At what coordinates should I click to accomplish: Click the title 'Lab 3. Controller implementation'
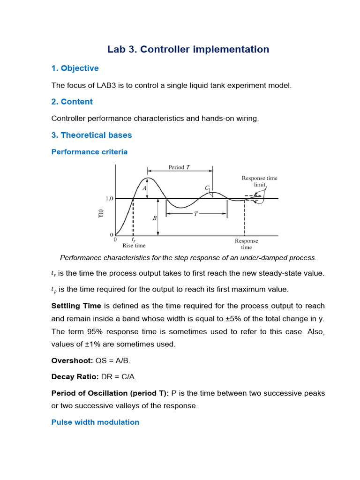[x=188, y=49]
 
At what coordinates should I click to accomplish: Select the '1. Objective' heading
[x=75, y=68]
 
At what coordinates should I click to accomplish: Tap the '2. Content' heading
[x=72, y=102]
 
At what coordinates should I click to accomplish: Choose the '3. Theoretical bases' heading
[x=91, y=135]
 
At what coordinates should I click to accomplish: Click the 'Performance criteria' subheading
[x=89, y=152]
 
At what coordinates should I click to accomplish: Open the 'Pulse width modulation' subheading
[x=95, y=422]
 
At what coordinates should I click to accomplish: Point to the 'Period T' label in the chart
[x=179, y=167]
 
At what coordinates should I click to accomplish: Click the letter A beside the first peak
[x=144, y=188]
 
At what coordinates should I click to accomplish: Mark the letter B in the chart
[x=154, y=218]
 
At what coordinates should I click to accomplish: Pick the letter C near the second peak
[x=207, y=187]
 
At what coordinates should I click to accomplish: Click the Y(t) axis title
[x=100, y=213]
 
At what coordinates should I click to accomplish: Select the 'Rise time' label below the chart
[x=134, y=245]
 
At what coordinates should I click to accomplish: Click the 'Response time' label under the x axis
[x=246, y=244]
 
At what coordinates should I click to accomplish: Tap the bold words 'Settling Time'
[x=76, y=306]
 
